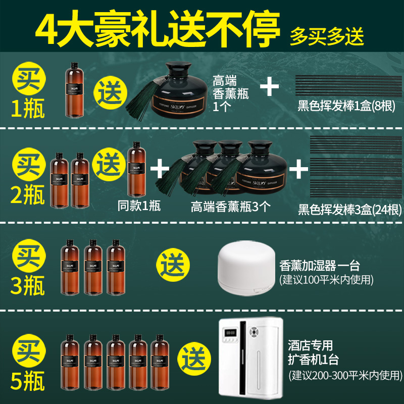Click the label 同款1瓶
[139, 206]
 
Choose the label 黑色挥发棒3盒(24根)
[349, 209]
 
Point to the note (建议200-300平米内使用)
[345, 375]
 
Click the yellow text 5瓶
[28, 379]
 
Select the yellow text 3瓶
[28, 285]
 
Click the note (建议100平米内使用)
[326, 279]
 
